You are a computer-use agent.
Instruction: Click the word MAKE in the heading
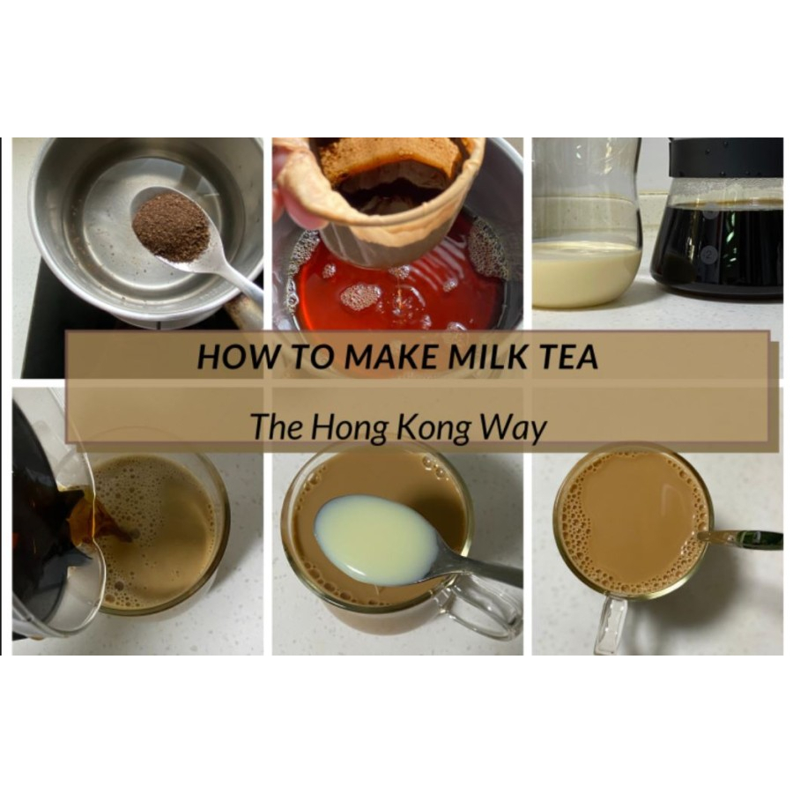pyautogui.click(x=390, y=356)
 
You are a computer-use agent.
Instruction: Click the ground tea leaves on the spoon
pyautogui.click(x=171, y=227)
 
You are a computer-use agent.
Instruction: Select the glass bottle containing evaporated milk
pyautogui.click(x=586, y=223)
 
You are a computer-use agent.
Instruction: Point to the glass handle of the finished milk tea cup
pyautogui.click(x=611, y=626)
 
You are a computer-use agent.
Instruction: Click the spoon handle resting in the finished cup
pyautogui.click(x=741, y=537)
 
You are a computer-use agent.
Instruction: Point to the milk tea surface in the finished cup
pyautogui.click(x=634, y=523)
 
